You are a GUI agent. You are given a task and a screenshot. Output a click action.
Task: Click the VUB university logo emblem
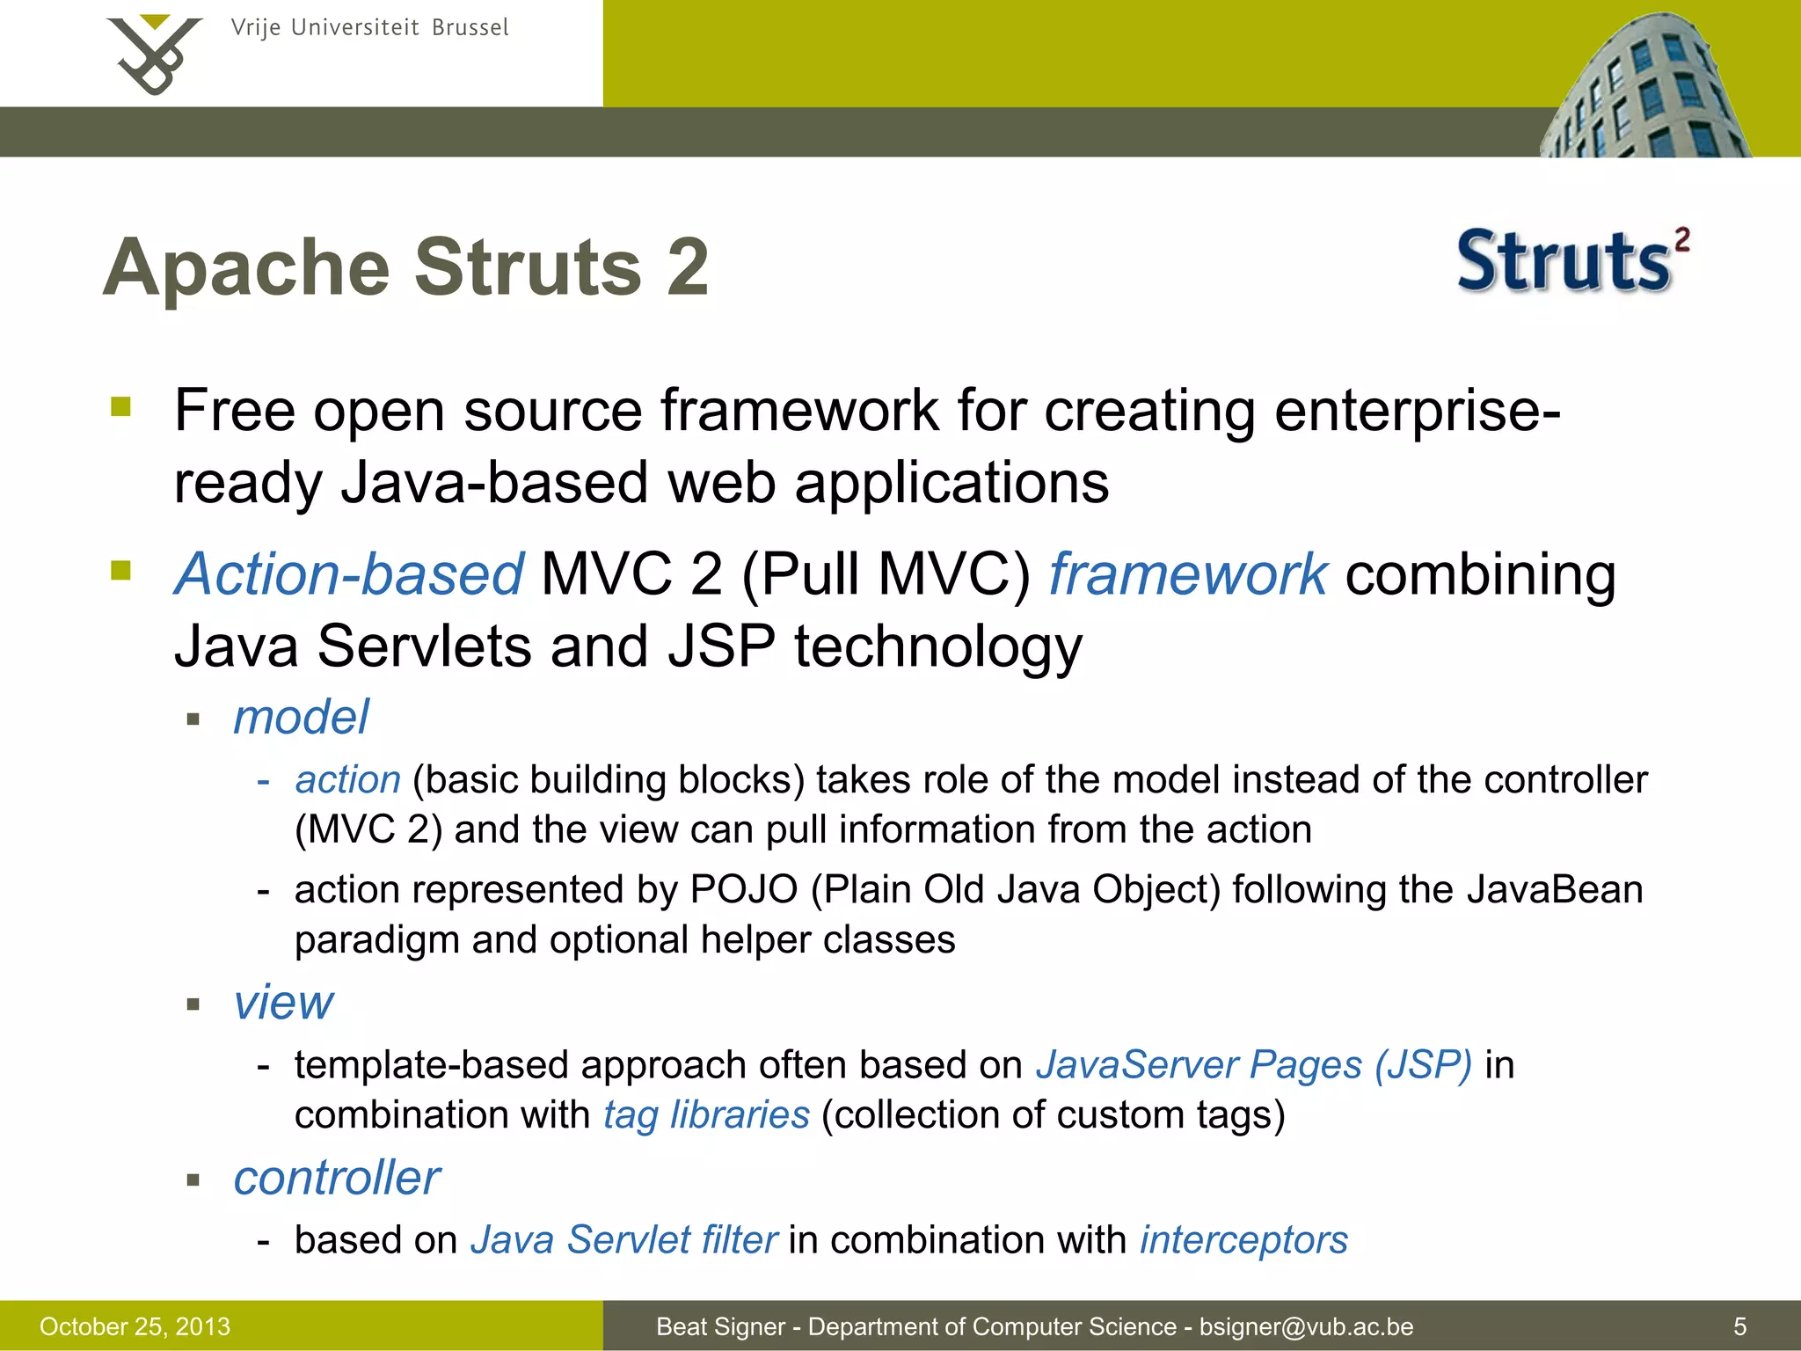(x=155, y=55)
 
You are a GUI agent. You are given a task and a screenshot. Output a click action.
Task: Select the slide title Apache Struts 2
(x=405, y=267)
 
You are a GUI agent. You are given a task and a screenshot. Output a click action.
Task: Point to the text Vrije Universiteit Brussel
(x=369, y=28)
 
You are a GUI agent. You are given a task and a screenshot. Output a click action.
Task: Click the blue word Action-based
(x=349, y=574)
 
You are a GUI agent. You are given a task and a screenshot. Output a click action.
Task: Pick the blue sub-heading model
(x=301, y=717)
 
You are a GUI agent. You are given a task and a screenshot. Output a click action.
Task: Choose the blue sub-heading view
(x=283, y=1002)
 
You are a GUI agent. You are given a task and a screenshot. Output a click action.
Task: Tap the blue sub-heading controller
(x=337, y=1178)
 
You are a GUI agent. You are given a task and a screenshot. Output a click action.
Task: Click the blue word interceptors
(x=1243, y=1240)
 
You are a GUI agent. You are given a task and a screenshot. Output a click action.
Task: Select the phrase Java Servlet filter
(x=623, y=1240)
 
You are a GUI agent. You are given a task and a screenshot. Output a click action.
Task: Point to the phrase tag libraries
(x=706, y=1115)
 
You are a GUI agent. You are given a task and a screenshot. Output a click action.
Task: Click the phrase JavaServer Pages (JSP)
(x=1253, y=1065)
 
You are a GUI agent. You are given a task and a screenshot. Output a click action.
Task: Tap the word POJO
(x=744, y=890)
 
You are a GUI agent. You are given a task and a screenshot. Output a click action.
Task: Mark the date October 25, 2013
(x=135, y=1326)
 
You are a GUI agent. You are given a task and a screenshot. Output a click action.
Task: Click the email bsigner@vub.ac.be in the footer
(x=1306, y=1326)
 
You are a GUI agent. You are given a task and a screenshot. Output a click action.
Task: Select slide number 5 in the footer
(x=1739, y=1326)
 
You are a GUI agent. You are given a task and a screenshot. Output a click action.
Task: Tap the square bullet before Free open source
(x=120, y=407)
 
